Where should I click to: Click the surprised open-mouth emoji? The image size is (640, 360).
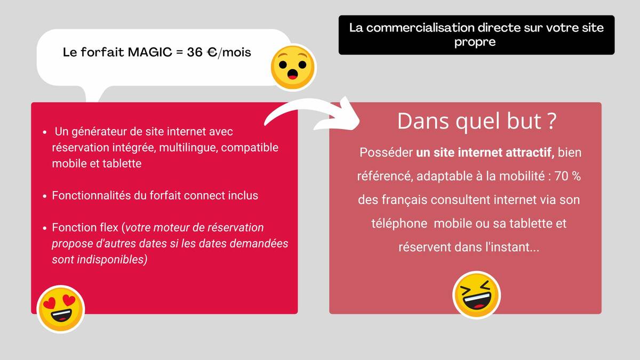point(293,67)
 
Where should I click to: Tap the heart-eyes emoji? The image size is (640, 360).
point(61,309)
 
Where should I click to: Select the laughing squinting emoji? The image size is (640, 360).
point(476,295)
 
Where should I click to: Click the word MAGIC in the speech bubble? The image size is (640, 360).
point(150,52)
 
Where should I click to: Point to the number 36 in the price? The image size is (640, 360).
point(195,52)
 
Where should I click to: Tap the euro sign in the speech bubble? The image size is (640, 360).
point(212,52)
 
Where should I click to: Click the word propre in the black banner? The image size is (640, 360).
point(475,42)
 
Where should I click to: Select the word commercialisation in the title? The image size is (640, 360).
point(421,28)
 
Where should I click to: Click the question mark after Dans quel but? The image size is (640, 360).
point(553,121)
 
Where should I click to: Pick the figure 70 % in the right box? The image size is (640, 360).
point(567,176)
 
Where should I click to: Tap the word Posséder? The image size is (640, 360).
point(386,153)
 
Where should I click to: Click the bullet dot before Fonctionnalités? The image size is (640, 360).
point(45,196)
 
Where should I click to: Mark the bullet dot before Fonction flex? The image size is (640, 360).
point(45,228)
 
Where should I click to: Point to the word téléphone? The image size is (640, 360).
point(399,223)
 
